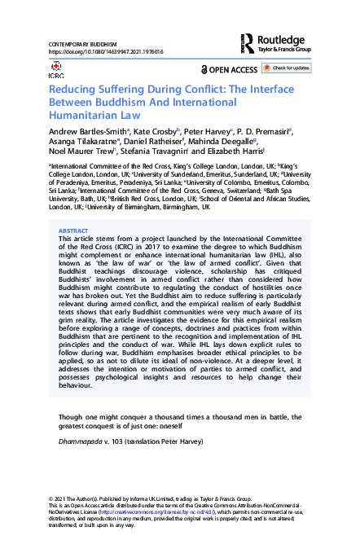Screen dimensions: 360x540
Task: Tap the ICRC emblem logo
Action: coord(56,70)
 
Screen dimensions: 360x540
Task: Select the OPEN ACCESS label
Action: coord(235,69)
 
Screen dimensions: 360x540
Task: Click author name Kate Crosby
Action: coord(153,132)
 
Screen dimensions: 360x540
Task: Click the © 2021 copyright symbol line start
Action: coord(53,497)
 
